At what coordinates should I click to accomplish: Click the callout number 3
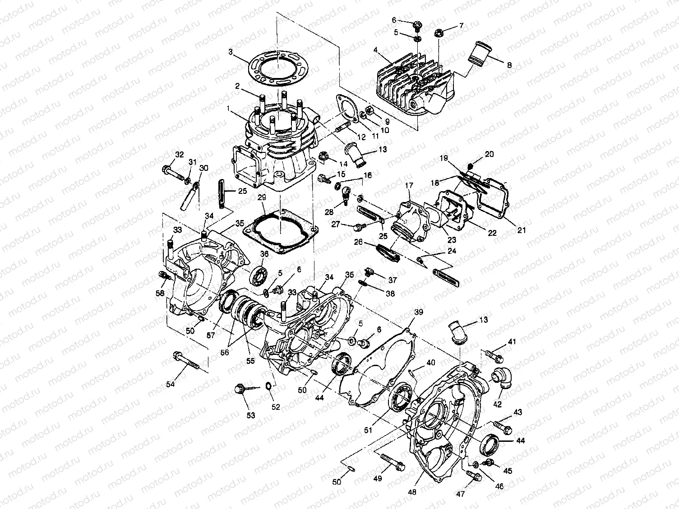point(231,52)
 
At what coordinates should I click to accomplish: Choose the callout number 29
point(261,198)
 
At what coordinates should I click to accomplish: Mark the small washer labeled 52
point(269,386)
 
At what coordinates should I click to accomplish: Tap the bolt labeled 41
point(494,355)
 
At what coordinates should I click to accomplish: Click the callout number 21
point(522,230)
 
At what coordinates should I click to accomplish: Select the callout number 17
point(409,185)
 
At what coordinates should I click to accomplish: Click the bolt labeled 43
point(502,425)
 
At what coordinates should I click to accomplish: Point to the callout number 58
point(160,293)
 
